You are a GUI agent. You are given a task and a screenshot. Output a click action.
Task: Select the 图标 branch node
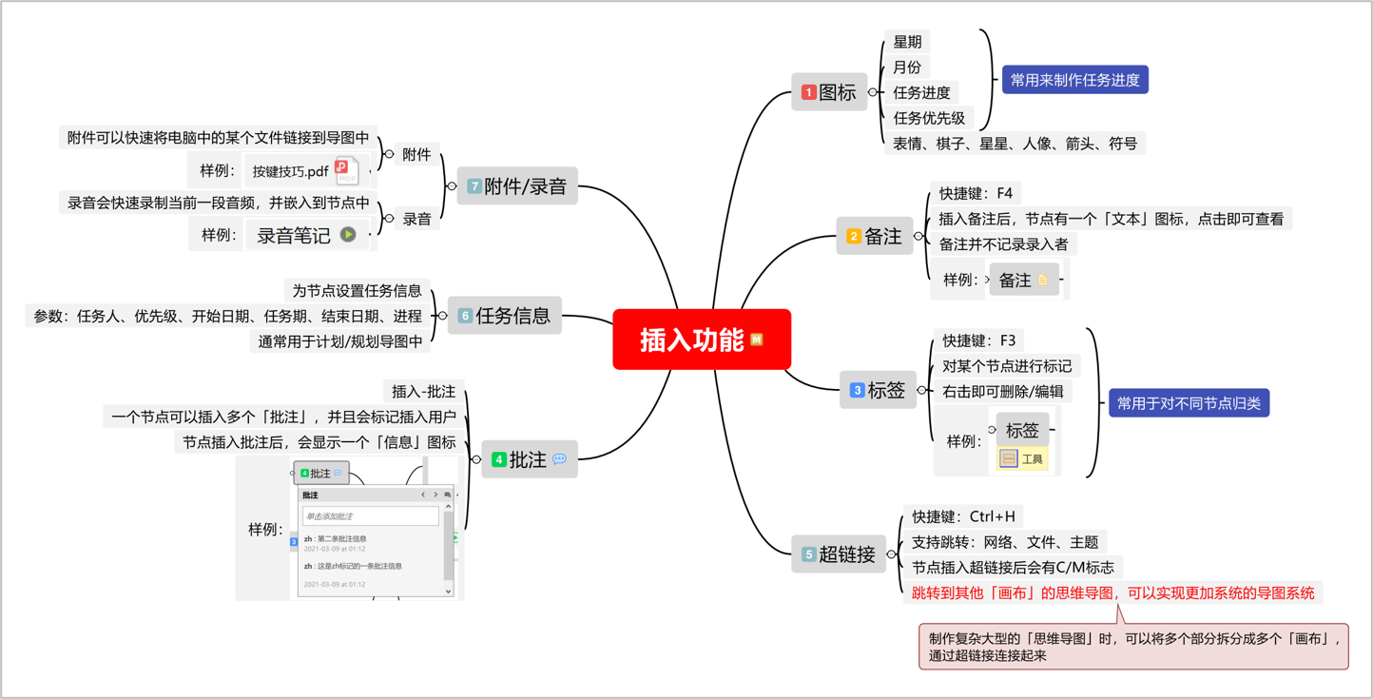(x=829, y=92)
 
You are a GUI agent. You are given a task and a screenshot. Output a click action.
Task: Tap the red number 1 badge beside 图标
(x=808, y=92)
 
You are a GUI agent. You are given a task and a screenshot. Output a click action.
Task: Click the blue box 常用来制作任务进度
(x=1074, y=80)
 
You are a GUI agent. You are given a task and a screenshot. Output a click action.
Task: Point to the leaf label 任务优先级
(x=928, y=118)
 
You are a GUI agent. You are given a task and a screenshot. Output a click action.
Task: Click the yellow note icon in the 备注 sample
(x=1043, y=280)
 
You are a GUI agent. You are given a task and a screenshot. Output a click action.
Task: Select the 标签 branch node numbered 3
(x=878, y=390)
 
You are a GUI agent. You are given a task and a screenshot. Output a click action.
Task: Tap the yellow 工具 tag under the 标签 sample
(x=1022, y=459)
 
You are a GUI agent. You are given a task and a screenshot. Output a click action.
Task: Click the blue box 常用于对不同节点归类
(x=1189, y=403)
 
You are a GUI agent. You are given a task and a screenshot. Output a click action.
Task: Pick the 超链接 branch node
(x=838, y=553)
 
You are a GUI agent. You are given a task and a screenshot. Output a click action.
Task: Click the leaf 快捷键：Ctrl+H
(x=962, y=516)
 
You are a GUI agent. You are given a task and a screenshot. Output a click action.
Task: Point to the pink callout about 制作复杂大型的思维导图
(x=1132, y=647)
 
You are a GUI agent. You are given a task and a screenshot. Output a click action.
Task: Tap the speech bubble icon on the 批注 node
(x=559, y=459)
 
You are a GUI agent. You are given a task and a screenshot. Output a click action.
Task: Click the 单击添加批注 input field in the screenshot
(x=371, y=516)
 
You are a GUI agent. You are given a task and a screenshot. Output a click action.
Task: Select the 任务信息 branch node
(x=505, y=316)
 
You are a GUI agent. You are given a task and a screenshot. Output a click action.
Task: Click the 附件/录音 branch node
(x=517, y=186)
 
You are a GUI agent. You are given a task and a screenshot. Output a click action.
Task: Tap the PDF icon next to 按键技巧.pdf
(x=346, y=171)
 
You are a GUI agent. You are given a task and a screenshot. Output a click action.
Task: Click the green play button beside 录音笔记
(x=348, y=235)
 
